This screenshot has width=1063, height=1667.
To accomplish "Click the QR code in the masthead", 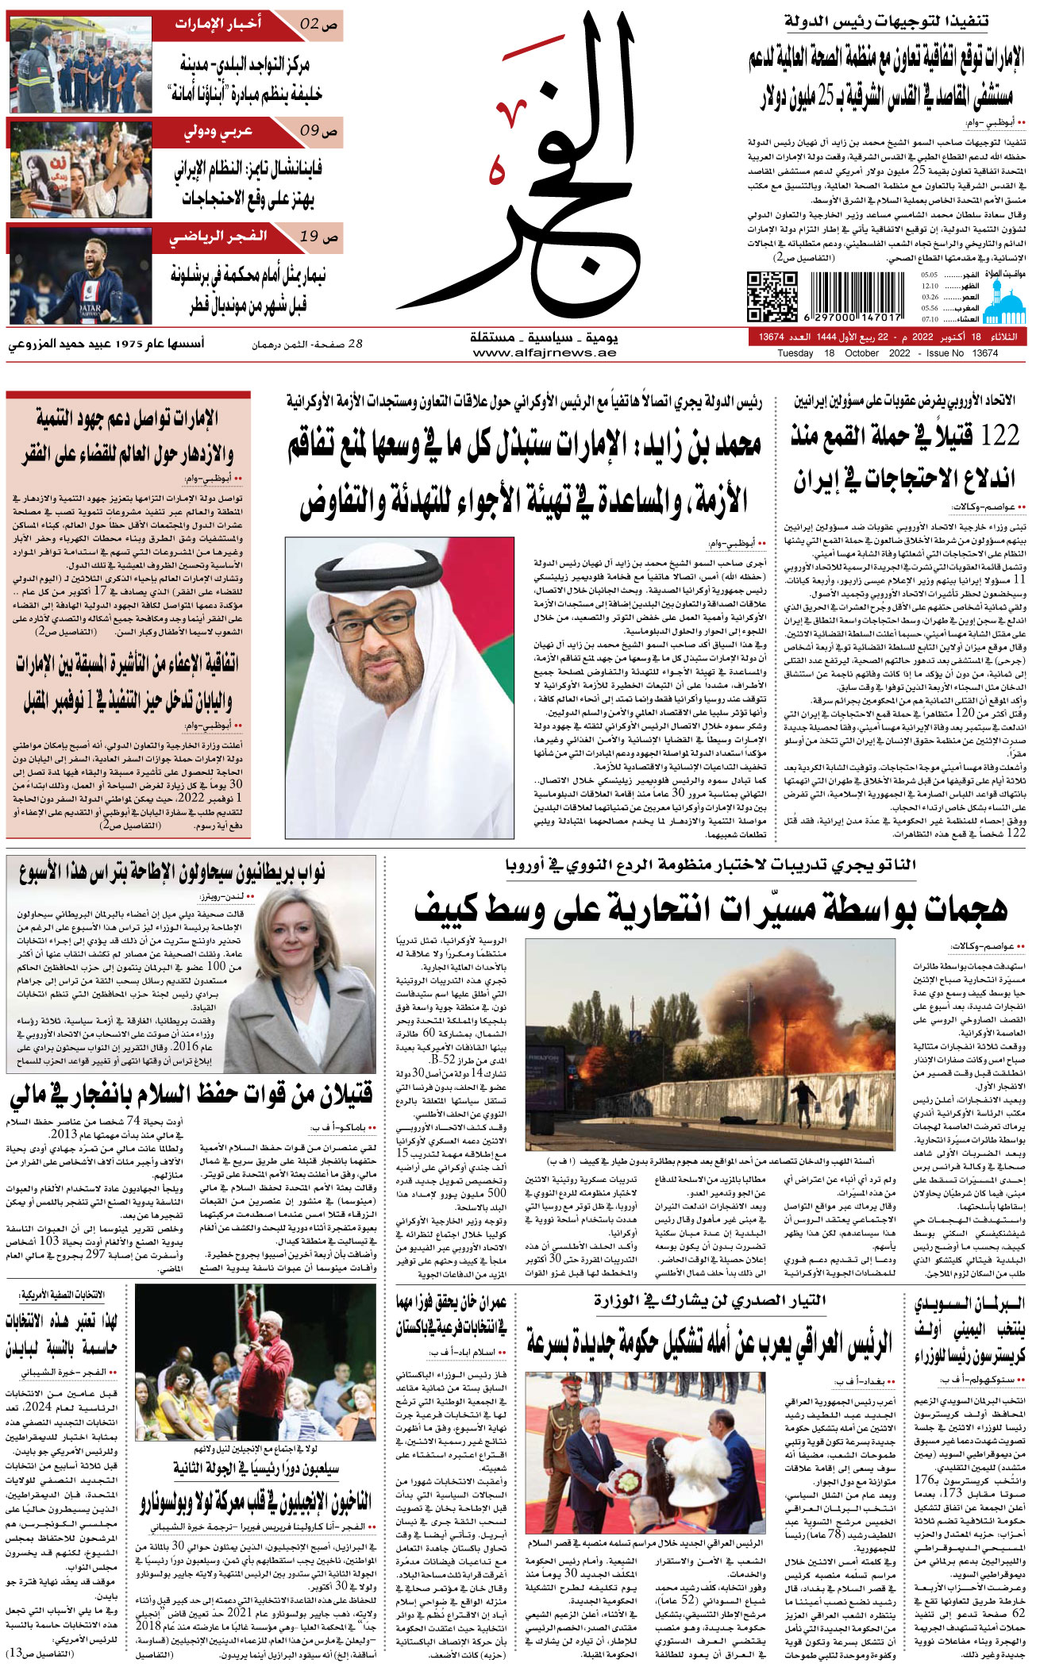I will coord(772,295).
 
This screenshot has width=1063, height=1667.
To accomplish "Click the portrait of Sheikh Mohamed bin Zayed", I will coord(399,687).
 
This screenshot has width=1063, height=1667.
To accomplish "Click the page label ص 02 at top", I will coord(318,25).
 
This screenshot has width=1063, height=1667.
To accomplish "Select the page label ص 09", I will coord(319,130).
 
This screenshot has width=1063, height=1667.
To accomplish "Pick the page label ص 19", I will coord(319,237).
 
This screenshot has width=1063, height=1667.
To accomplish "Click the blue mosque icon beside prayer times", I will coord(1004,302).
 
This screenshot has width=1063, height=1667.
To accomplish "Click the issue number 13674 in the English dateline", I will coord(984,353).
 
